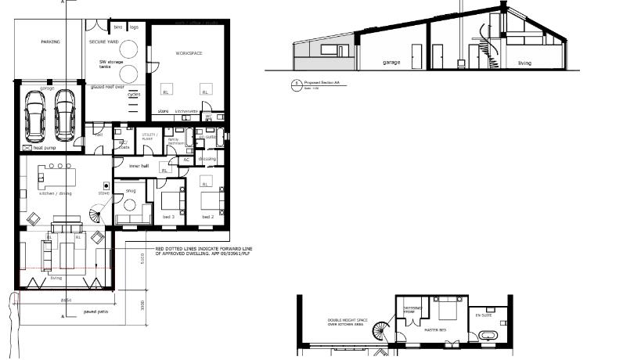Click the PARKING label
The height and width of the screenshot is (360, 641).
pyautogui.click(x=50, y=41)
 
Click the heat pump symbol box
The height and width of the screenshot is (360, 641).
pyautogui.click(x=27, y=147)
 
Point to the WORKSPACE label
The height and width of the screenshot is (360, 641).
pyautogui.click(x=189, y=53)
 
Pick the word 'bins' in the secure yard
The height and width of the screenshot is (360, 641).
pyautogui.click(x=118, y=27)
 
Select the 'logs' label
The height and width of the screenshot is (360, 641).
pyautogui.click(x=134, y=27)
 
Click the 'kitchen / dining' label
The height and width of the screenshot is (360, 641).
pyautogui.click(x=56, y=192)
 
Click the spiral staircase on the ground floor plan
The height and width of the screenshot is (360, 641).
pyautogui.click(x=99, y=212)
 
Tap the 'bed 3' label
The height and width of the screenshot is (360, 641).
pyautogui.click(x=167, y=216)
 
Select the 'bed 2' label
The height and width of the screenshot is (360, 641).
pyautogui.click(x=207, y=216)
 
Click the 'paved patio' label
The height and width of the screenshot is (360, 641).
pyautogui.click(x=96, y=311)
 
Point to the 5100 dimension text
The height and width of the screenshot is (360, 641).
pyautogui.click(x=142, y=259)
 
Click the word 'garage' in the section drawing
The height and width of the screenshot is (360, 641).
pyautogui.click(x=392, y=62)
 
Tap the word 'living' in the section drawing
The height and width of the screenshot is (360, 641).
pyautogui.click(x=523, y=63)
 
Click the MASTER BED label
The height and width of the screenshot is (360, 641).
pyautogui.click(x=435, y=329)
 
